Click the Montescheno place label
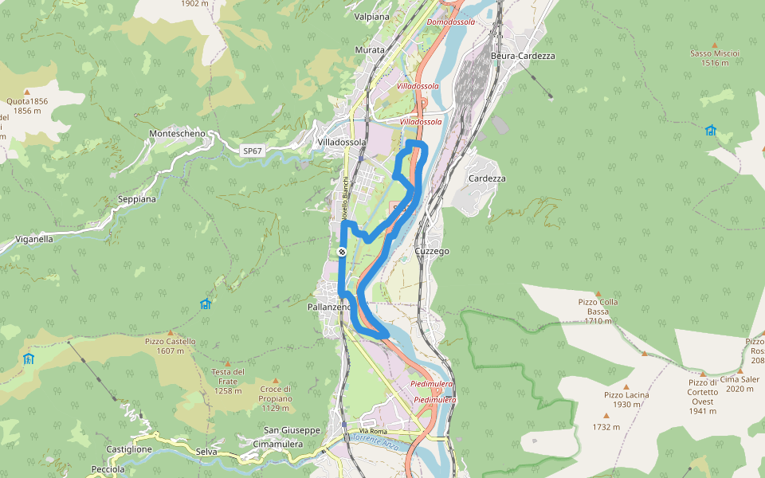177,134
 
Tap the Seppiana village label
137,199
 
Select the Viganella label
34,239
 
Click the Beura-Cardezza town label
524,56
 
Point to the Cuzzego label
431,251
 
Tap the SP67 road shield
252,151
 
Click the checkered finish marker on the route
342,252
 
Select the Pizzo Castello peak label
171,341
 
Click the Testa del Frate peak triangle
227,362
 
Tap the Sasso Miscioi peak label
715,53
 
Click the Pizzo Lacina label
626,395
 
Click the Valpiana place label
372,16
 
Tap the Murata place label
370,50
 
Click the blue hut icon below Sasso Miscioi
710,130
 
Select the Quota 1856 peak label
27,101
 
